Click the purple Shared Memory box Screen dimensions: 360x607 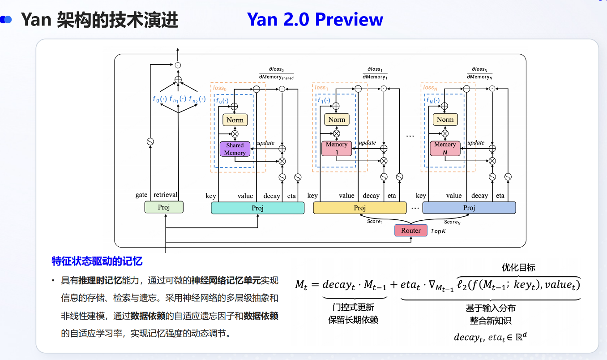(235, 149)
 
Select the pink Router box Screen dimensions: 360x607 (410, 231)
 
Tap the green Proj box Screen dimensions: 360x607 (164, 207)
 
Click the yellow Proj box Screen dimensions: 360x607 (360, 208)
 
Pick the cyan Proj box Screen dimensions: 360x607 (257, 208)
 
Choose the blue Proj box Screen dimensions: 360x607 (469, 208)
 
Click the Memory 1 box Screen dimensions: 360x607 (337, 148)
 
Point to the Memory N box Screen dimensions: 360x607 (445, 148)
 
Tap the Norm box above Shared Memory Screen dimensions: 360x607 (235, 120)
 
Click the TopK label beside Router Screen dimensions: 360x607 (438, 231)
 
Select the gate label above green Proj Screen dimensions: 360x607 (141, 195)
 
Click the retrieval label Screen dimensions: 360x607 (166, 195)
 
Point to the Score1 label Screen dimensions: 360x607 (375, 222)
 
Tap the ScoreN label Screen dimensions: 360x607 (452, 222)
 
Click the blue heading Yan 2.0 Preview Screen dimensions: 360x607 (315, 19)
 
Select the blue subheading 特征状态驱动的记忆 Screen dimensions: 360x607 (97, 261)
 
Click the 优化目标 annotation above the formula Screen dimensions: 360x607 (519, 267)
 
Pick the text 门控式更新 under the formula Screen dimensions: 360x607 (354, 308)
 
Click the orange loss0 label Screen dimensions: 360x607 (219, 88)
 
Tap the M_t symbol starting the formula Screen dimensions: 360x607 (303, 285)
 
